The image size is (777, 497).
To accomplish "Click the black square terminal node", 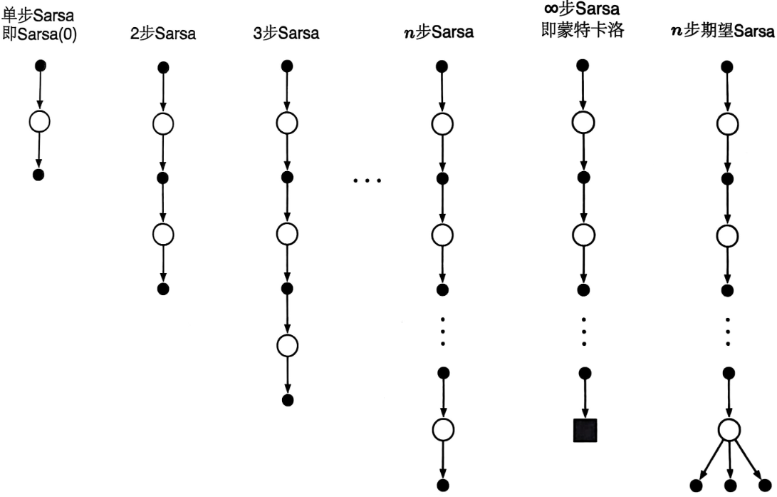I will [585, 431].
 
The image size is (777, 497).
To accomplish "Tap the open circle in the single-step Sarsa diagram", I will [39, 121].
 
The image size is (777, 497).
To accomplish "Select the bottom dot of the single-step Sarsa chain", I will [38, 175].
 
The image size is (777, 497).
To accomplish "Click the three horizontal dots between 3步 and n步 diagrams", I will [367, 180].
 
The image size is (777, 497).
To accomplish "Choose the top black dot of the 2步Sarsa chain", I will [163, 68].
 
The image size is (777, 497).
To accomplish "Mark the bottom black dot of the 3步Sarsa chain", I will [287, 400].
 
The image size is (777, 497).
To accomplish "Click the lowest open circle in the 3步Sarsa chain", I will [286, 345].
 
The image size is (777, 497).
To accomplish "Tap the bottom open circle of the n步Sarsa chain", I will [443, 430].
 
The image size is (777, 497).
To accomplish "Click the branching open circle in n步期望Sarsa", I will [728, 430].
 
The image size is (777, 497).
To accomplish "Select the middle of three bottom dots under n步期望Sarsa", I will [729, 486].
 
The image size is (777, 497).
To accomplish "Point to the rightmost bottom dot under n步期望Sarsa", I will [766, 486].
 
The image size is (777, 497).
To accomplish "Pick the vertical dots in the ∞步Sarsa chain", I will [585, 330].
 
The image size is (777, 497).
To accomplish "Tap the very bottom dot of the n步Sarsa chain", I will [443, 486].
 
